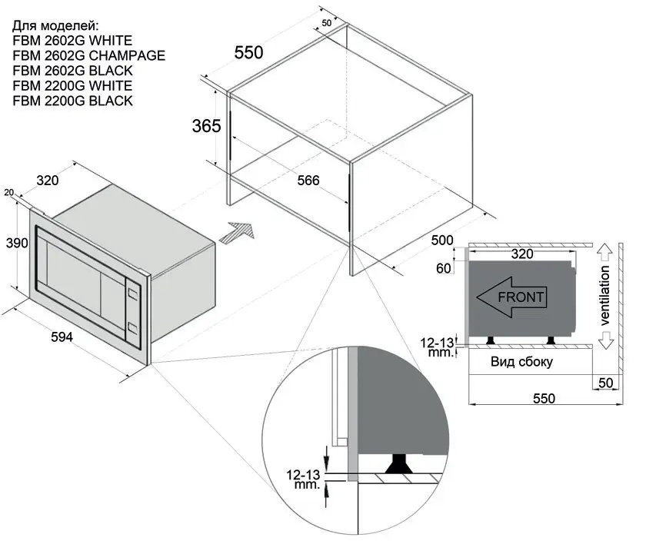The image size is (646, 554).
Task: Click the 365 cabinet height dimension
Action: [x=206, y=126]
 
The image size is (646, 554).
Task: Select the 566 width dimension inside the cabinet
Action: [x=308, y=181]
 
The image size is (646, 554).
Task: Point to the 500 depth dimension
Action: [x=442, y=240]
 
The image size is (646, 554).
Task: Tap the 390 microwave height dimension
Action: [x=17, y=244]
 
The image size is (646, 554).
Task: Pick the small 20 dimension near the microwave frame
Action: [x=8, y=192]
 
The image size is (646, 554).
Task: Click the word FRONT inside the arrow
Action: [x=521, y=297]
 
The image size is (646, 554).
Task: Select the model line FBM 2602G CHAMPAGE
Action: [x=89, y=55]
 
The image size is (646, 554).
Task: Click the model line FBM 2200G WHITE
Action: [x=73, y=85]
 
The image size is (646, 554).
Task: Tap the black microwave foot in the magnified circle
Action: [x=400, y=463]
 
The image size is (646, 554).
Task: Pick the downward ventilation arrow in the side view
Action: [x=605, y=339]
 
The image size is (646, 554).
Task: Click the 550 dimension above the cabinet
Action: [x=248, y=53]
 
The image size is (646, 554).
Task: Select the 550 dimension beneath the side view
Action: [x=544, y=399]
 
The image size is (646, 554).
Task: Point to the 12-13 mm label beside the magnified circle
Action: [x=302, y=479]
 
